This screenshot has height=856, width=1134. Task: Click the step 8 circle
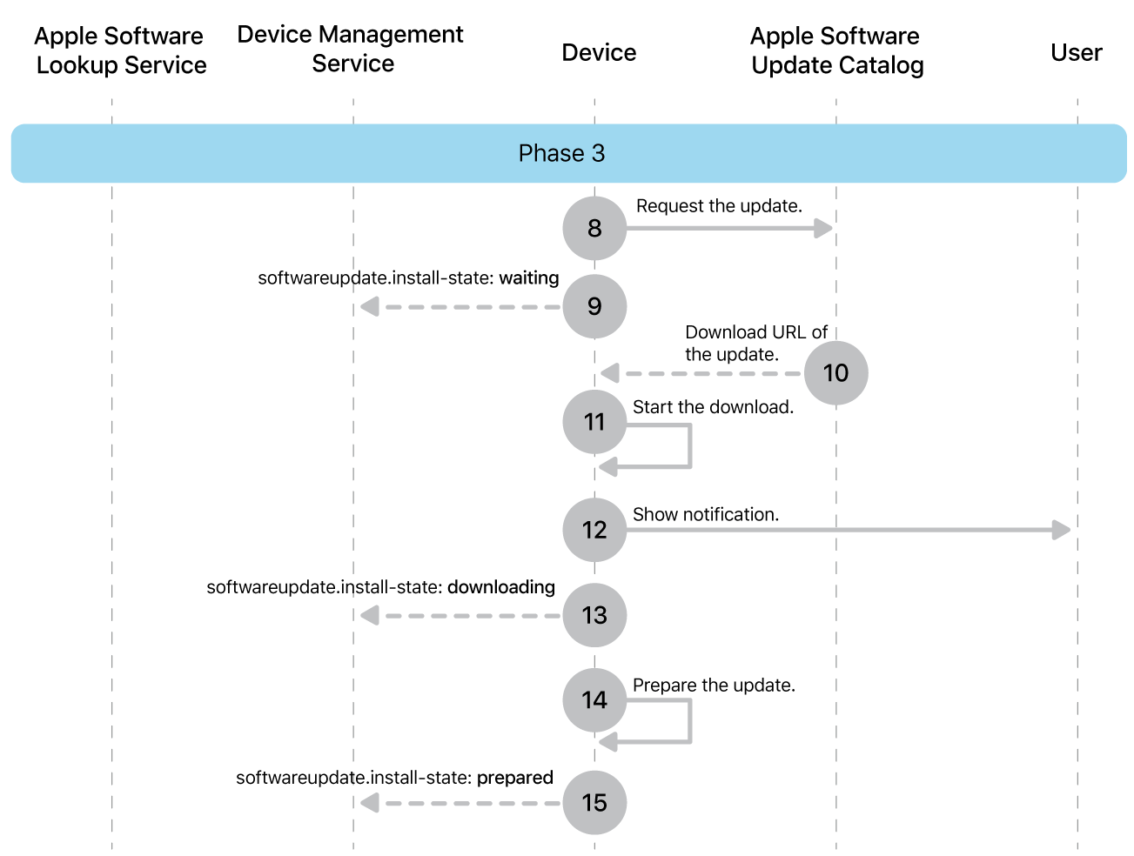point(594,228)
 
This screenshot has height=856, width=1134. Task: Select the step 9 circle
point(594,306)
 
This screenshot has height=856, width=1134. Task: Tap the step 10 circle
point(835,373)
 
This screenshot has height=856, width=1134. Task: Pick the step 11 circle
point(594,422)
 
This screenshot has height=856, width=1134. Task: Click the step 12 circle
point(594,530)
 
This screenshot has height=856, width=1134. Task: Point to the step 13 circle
point(594,615)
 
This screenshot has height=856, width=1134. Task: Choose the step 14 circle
point(594,699)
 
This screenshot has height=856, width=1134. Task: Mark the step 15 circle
point(594,802)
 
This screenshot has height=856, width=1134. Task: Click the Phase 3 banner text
point(561,153)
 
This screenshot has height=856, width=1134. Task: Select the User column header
point(1076,53)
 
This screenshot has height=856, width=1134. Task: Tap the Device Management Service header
point(351,49)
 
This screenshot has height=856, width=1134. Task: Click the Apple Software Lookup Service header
point(120,50)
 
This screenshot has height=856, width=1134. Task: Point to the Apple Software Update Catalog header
point(836,50)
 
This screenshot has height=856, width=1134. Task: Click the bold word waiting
point(528,278)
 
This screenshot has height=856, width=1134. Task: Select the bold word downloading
point(501,587)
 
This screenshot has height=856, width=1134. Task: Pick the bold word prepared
point(515,778)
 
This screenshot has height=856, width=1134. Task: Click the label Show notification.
point(705,515)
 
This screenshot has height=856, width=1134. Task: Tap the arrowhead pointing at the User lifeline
point(1061,530)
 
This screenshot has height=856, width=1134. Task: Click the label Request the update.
point(719,206)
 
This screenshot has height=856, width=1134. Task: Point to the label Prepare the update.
point(714,685)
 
